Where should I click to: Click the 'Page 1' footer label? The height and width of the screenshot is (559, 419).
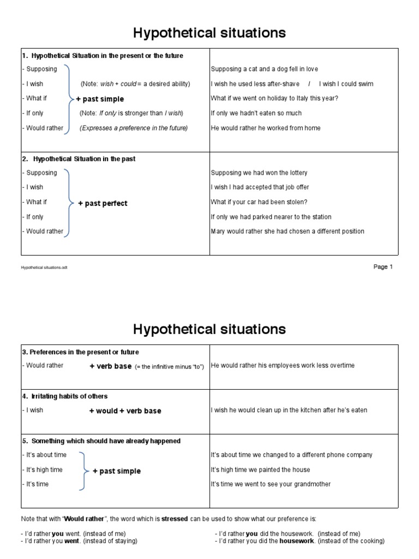coord(382,267)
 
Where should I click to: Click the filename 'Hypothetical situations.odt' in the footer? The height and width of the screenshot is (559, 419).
coord(45,268)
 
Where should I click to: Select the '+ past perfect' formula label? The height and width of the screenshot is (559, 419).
coord(103,203)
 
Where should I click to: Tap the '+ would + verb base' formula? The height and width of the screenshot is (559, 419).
coord(125,411)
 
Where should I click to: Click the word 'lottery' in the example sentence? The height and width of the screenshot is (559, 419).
coord(297,173)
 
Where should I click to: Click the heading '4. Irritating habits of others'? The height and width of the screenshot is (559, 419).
coord(65,396)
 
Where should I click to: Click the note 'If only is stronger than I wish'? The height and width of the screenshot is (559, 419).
coord(132,113)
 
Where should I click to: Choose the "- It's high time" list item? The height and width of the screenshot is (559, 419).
coord(43,469)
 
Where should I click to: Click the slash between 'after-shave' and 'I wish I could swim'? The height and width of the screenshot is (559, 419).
coord(309,84)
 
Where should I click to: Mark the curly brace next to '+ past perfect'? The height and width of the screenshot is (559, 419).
coord(69,203)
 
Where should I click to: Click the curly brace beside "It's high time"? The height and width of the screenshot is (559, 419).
coord(82,471)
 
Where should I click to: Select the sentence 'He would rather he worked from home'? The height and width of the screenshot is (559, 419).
coord(266,128)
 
